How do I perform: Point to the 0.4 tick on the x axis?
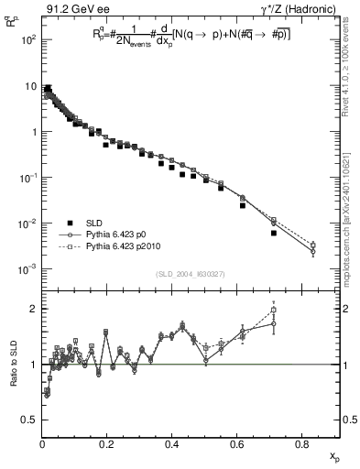tap(172, 442)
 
